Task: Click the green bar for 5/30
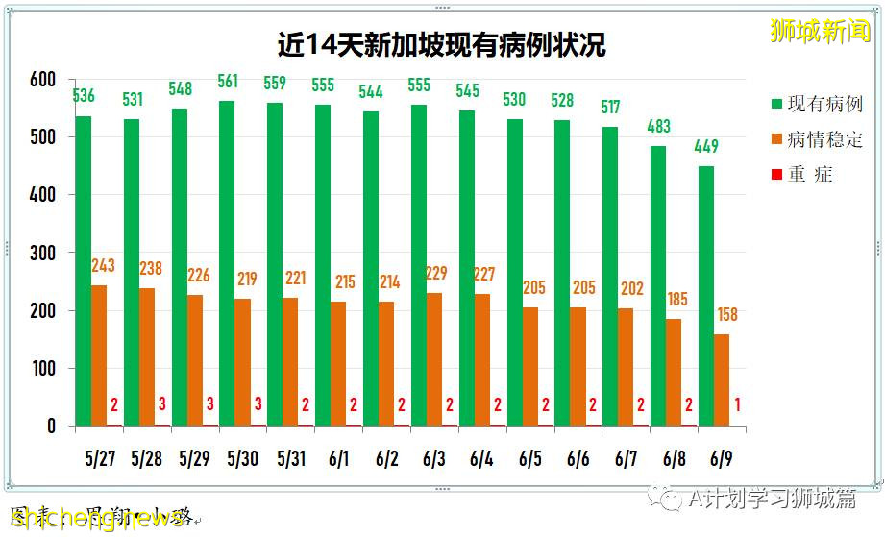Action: (x=227, y=263)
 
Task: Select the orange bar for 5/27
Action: (x=99, y=355)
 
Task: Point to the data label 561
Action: (x=228, y=82)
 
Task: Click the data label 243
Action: (x=104, y=265)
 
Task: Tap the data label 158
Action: (x=726, y=314)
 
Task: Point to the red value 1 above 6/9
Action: (x=737, y=405)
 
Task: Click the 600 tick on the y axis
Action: (x=42, y=80)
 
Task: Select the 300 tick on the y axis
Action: (x=42, y=253)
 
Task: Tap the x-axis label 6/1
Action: (x=339, y=459)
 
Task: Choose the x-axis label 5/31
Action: (x=291, y=459)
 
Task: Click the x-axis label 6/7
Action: (x=627, y=459)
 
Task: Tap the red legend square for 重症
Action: (x=776, y=174)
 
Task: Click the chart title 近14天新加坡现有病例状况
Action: (x=442, y=45)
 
